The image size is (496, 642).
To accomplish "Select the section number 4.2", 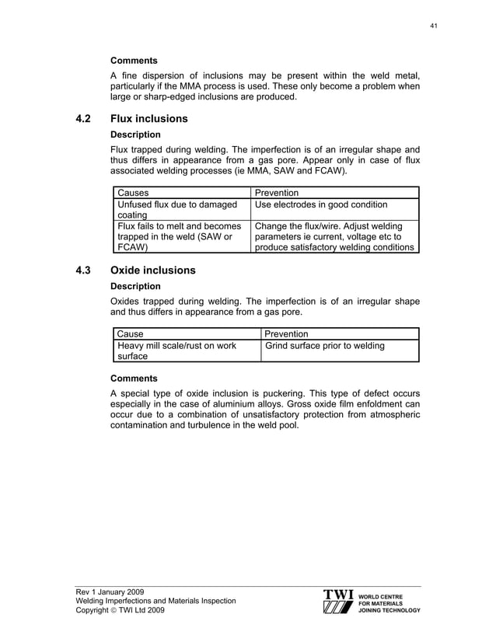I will click(84, 119).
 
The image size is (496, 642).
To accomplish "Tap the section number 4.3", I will click(84, 270).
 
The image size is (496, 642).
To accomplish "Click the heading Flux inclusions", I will click(149, 119).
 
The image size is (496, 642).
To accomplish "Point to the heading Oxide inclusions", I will click(153, 270).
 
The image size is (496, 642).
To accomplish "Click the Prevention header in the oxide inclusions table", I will click(287, 334).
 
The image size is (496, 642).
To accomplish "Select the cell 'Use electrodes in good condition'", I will click(320, 205).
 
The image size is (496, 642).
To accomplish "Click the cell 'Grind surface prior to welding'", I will click(325, 346).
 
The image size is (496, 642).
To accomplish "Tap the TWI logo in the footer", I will click(339, 602).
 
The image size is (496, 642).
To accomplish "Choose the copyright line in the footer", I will click(120, 611).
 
